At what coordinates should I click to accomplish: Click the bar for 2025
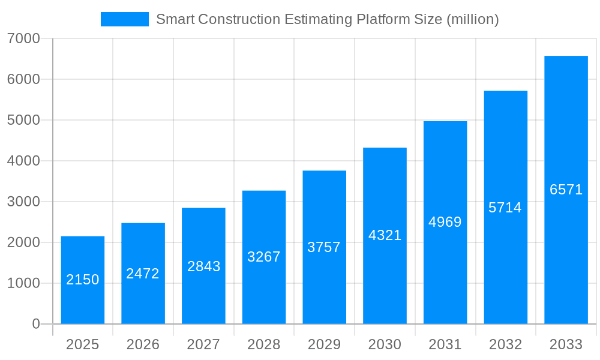click(83, 280)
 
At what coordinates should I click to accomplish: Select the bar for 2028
click(264, 257)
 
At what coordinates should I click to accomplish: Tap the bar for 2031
click(445, 223)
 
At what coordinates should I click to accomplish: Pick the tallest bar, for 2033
click(566, 190)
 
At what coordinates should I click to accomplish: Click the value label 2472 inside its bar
click(143, 274)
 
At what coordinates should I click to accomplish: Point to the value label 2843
click(204, 266)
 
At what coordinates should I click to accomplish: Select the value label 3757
click(324, 247)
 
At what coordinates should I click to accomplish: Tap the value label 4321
click(385, 235)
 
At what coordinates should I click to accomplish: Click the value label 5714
click(505, 208)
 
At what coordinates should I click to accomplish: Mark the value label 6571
click(566, 190)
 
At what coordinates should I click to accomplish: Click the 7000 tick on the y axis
click(23, 38)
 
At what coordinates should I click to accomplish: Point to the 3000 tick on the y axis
click(23, 202)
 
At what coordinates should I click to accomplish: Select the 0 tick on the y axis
click(35, 324)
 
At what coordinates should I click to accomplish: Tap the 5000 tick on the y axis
click(23, 120)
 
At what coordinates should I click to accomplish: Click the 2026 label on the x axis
click(143, 344)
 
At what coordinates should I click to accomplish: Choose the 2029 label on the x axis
click(324, 344)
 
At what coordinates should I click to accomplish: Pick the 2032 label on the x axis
click(505, 344)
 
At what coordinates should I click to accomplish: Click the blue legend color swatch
click(125, 19)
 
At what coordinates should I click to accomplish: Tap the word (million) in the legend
click(472, 19)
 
